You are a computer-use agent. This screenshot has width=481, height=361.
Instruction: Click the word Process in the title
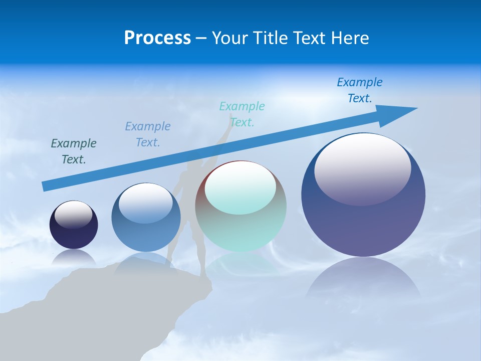pyautogui.click(x=157, y=38)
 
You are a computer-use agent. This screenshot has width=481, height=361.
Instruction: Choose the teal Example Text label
pyautogui.click(x=242, y=114)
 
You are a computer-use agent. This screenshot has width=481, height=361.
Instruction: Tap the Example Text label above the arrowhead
pyautogui.click(x=360, y=90)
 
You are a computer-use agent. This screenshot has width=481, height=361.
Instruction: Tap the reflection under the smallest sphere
pyautogui.click(x=74, y=258)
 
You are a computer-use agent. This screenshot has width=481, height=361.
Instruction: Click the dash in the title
pyautogui.click(x=201, y=38)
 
